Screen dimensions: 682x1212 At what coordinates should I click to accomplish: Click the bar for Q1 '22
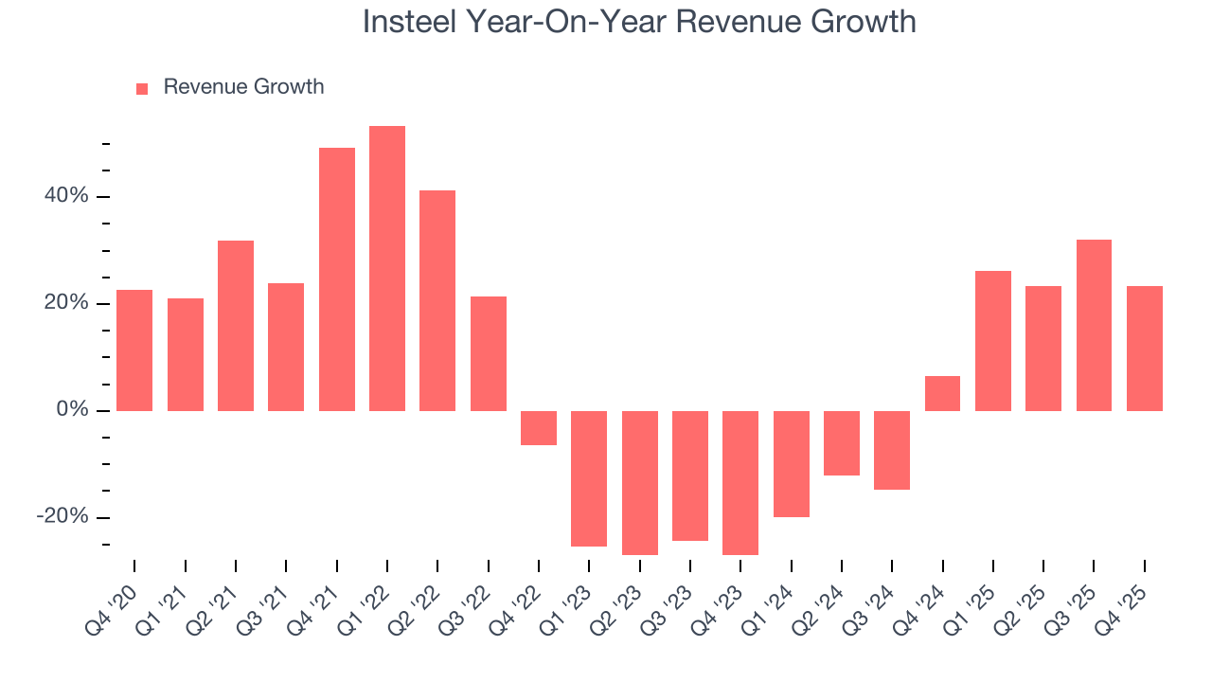(x=387, y=268)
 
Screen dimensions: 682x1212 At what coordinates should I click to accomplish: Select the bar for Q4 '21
(x=337, y=279)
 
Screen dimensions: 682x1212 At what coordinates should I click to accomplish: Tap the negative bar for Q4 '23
(x=740, y=482)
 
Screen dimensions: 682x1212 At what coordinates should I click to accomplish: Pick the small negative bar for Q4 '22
(x=539, y=428)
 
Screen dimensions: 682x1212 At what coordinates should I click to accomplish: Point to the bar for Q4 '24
(x=942, y=393)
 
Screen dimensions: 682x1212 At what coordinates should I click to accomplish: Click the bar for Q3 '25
(x=1094, y=325)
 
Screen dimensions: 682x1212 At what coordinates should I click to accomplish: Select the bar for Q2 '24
(x=842, y=442)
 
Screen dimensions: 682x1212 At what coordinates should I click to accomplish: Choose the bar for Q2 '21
(x=236, y=325)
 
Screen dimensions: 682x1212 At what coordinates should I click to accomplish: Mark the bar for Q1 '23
(x=589, y=478)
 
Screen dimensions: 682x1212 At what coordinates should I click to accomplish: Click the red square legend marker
(x=142, y=88)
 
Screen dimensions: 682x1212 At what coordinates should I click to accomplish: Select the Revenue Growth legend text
(x=243, y=87)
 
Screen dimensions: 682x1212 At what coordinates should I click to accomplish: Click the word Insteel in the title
(x=409, y=21)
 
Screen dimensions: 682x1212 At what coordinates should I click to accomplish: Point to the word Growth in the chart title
(x=865, y=21)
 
